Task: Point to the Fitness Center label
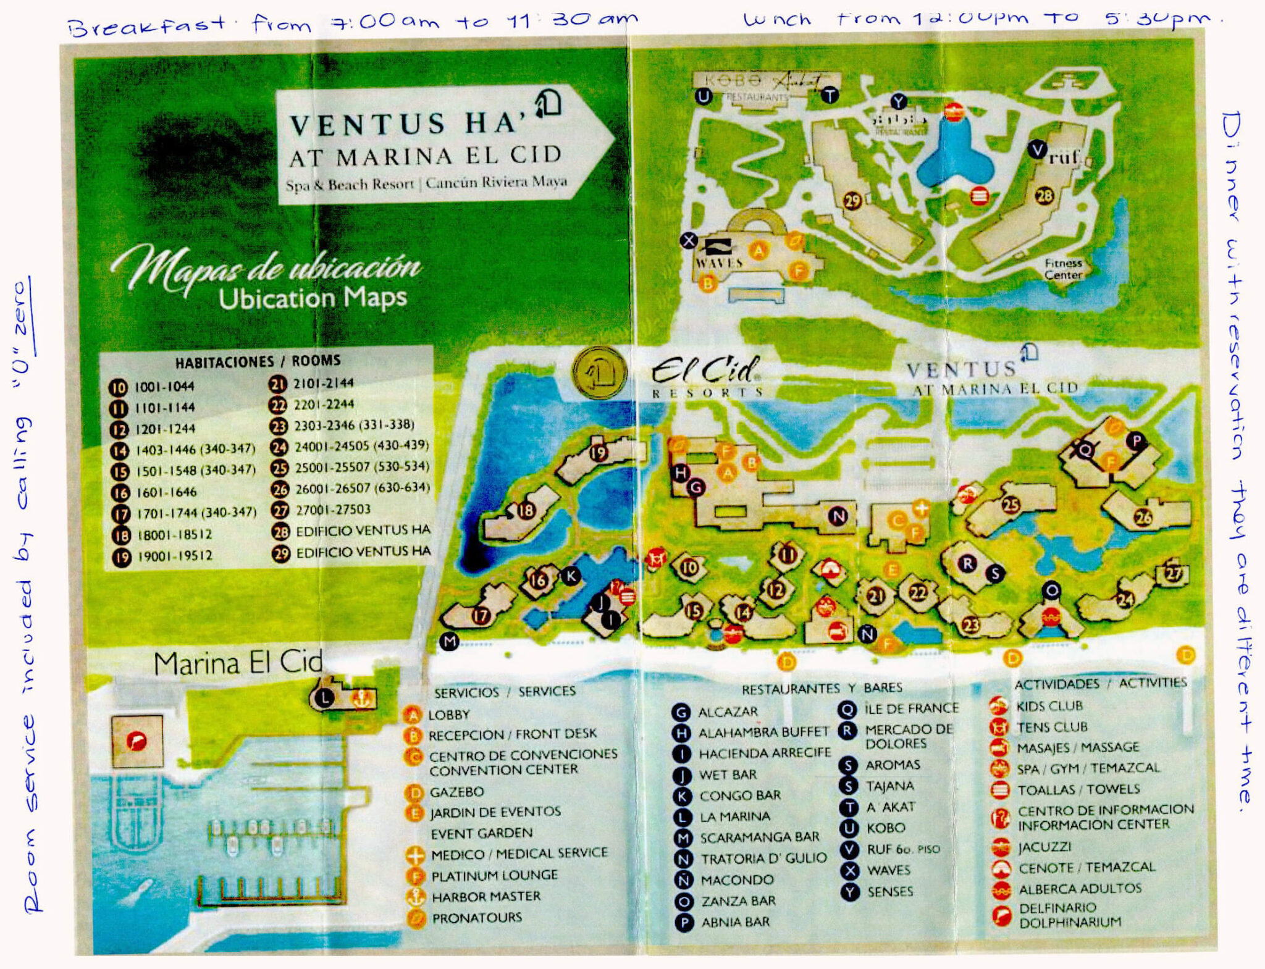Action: (x=1063, y=269)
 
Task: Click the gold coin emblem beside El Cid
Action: (x=599, y=372)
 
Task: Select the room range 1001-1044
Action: (x=164, y=387)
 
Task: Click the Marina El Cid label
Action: (x=238, y=663)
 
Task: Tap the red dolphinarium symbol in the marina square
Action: (x=137, y=740)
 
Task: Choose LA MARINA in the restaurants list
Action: (x=735, y=816)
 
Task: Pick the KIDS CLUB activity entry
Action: (x=1049, y=706)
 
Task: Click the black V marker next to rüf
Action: (x=1037, y=149)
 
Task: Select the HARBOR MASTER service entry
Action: (x=485, y=896)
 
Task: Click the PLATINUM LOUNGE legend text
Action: (x=494, y=875)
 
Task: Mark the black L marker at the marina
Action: (x=324, y=698)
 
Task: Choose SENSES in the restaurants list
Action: (x=890, y=891)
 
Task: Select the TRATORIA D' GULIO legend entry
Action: (x=763, y=858)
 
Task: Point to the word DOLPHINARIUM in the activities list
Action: (x=1070, y=922)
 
